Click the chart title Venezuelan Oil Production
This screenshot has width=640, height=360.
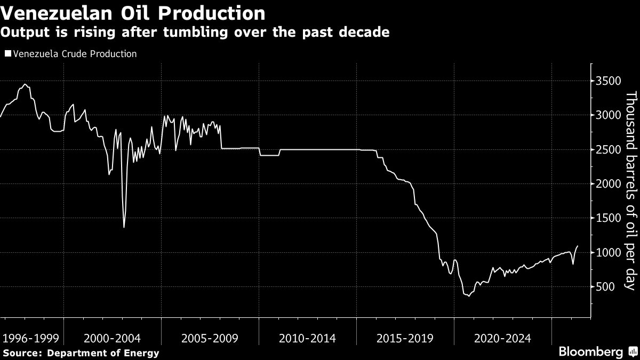(x=133, y=13)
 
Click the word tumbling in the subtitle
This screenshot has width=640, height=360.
(x=195, y=32)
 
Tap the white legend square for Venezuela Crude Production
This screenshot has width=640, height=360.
(x=8, y=53)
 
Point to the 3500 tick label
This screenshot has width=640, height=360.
(x=609, y=81)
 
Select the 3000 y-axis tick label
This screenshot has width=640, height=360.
(x=609, y=115)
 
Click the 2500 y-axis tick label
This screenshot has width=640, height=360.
(x=609, y=149)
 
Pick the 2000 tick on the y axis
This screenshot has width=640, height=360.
(x=609, y=183)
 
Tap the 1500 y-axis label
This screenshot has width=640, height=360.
(x=609, y=218)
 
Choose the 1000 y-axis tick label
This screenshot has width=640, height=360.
(x=609, y=252)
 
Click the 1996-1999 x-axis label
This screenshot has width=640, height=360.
(x=30, y=339)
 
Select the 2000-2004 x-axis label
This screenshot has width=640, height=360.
(x=113, y=339)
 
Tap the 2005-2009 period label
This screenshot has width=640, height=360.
(x=210, y=339)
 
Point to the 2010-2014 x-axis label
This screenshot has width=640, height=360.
(x=307, y=339)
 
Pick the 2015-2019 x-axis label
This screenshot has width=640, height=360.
(x=405, y=339)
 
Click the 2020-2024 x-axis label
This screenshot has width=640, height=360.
(x=502, y=339)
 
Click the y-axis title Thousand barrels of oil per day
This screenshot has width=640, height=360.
(x=631, y=190)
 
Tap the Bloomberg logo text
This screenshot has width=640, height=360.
(x=591, y=351)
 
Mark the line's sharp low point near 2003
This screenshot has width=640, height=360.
(x=124, y=227)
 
